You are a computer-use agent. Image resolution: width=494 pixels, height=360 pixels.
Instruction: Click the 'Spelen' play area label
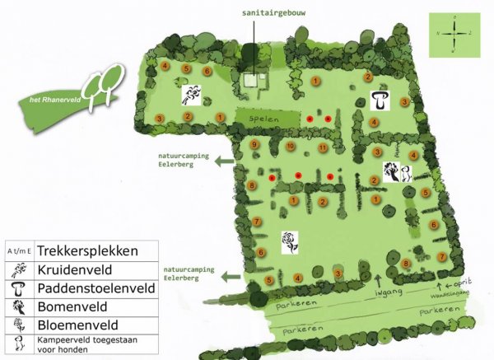264,119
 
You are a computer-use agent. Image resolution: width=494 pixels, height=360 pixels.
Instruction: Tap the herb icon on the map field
193,91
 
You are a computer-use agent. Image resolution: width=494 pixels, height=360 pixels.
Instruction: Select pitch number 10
290,146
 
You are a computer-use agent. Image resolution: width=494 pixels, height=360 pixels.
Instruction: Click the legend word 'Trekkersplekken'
86,250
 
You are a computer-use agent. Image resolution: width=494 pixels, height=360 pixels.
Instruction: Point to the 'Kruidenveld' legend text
77,269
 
